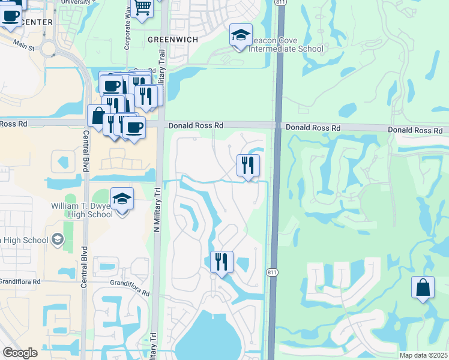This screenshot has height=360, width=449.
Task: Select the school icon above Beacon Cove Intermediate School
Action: pos(241,35)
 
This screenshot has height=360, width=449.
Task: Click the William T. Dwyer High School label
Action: pos(82,210)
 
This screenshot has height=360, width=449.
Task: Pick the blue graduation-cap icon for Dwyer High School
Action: pos(122,200)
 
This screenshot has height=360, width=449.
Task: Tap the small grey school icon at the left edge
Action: pos(57,240)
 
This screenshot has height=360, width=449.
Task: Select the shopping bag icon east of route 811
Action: pos(423,287)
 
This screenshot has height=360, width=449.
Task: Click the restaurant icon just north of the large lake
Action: pos(221,262)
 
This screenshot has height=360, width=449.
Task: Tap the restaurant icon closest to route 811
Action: pos(248,165)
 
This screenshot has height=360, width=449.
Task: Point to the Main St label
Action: pos(23,46)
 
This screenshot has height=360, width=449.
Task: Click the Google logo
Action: pos(20,353)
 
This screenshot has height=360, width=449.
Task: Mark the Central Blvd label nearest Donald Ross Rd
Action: pos(85,151)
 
